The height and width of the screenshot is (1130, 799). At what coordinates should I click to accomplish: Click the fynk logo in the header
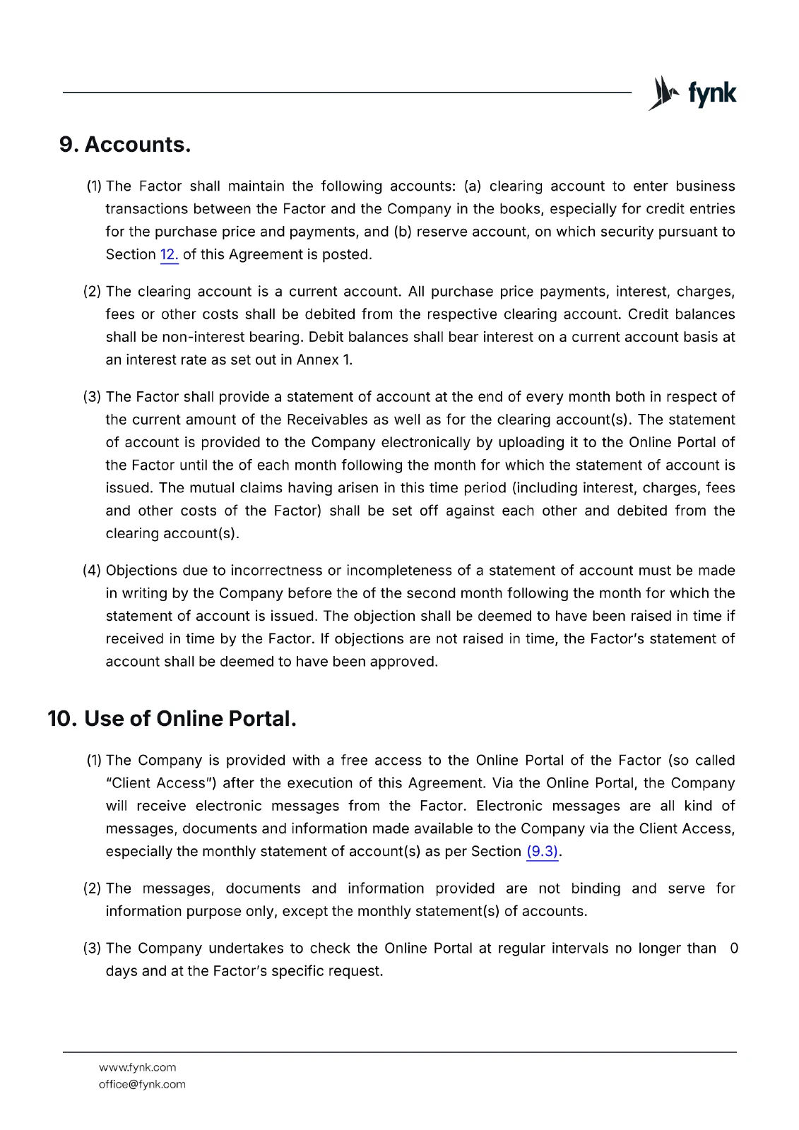point(692,93)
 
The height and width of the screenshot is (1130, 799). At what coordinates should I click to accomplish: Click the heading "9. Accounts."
point(125,145)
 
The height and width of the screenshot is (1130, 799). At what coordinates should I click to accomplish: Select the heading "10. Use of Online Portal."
point(172,719)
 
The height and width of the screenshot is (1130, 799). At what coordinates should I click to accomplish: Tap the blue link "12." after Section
point(169,255)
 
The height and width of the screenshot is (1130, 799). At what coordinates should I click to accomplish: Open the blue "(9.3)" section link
point(542,852)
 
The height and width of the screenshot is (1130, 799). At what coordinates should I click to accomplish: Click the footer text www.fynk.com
point(137,1067)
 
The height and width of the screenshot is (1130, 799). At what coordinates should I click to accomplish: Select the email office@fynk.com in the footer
point(142,1084)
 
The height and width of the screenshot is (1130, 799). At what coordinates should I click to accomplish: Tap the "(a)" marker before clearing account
point(473,186)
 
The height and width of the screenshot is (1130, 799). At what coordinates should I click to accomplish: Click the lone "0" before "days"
point(734,948)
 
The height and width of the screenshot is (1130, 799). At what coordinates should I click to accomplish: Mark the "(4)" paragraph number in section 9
point(92,571)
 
